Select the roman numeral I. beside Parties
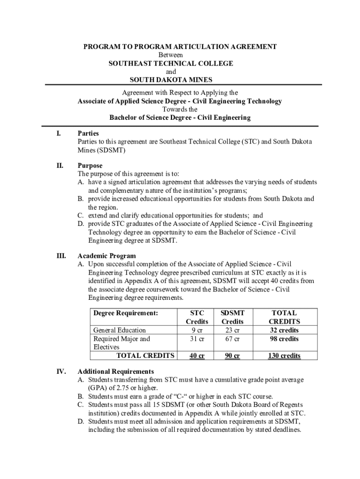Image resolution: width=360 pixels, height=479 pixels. click(x=58, y=134)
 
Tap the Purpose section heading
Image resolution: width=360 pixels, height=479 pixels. click(x=90, y=166)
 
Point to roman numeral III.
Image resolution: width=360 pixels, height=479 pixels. click(x=61, y=256)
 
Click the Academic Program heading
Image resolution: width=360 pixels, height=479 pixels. click(x=107, y=256)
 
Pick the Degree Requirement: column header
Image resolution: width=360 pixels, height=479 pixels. click(x=126, y=313)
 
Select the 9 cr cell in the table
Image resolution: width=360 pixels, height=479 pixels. click(x=197, y=330)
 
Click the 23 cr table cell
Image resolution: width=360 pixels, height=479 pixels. click(x=232, y=330)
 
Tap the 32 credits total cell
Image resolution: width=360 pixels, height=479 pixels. click(x=283, y=330)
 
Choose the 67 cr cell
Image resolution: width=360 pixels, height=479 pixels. click(x=232, y=339)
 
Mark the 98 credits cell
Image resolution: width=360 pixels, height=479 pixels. click(x=283, y=339)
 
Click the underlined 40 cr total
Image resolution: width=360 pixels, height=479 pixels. click(x=197, y=356)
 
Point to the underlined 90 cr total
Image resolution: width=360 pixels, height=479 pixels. click(x=232, y=356)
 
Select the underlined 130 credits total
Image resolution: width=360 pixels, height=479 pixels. click(x=283, y=356)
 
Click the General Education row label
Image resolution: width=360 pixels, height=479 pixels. click(x=120, y=330)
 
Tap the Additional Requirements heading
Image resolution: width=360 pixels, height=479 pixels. click(x=115, y=371)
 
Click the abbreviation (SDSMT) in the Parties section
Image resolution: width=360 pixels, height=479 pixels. click(x=111, y=150)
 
